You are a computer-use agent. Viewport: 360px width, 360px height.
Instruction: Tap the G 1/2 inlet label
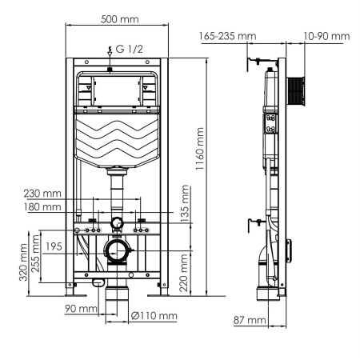point(129,49)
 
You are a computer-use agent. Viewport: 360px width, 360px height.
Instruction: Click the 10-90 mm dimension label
point(327,36)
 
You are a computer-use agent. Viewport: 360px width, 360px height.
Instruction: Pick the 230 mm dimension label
point(42,192)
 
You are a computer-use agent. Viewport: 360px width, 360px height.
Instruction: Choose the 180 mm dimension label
point(42,207)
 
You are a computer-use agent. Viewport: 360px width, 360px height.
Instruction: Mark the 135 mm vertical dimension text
point(186,204)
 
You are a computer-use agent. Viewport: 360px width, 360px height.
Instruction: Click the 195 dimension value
point(54,246)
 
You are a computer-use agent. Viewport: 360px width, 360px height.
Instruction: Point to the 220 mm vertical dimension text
point(186,273)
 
